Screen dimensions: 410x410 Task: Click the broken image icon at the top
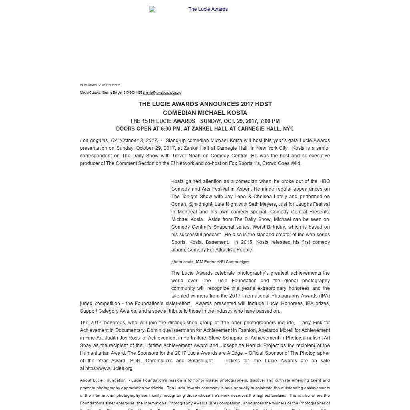click(152, 9)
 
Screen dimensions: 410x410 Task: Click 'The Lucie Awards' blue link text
click(208, 9)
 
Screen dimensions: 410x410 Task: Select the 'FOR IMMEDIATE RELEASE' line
click(100, 85)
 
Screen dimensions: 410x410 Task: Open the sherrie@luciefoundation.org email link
click(162, 92)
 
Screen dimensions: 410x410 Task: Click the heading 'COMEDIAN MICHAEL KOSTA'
click(205, 113)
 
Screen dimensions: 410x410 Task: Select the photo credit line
click(210, 262)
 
